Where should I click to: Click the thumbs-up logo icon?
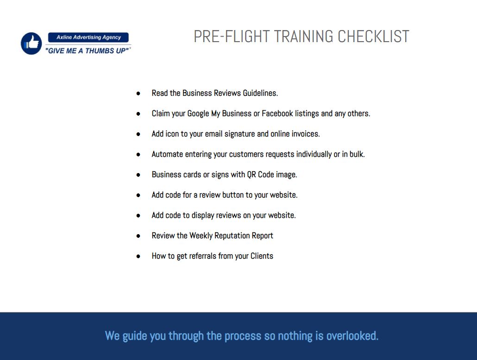pyautogui.click(x=31, y=43)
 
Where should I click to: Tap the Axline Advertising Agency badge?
pyautogui.click(x=88, y=37)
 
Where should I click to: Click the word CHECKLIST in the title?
pyautogui.click(x=373, y=37)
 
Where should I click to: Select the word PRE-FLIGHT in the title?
pyautogui.click(x=232, y=37)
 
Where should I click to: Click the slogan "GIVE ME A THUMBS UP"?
pyautogui.click(x=88, y=51)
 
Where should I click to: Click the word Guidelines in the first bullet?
pyautogui.click(x=260, y=93)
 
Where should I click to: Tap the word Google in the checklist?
pyautogui.click(x=198, y=114)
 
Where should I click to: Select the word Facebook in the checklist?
pyautogui.click(x=277, y=113)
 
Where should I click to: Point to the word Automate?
pyautogui.click(x=167, y=154)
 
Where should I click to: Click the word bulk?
pyautogui.click(x=357, y=154)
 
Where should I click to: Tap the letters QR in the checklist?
pyautogui.click(x=251, y=175)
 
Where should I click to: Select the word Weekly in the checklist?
pyautogui.click(x=201, y=236)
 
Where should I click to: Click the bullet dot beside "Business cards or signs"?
pyautogui.click(x=138, y=175)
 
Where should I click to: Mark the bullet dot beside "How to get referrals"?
pyautogui.click(x=138, y=256)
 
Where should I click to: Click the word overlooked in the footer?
pyautogui.click(x=352, y=336)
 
